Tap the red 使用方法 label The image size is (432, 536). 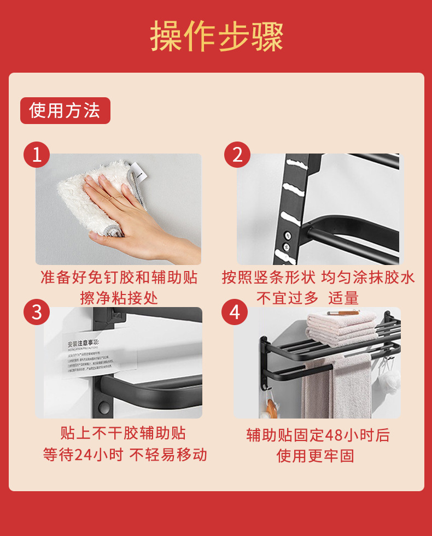click(65, 111)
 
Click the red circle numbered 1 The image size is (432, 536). click(37, 155)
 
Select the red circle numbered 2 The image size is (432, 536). click(237, 155)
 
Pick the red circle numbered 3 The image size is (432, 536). click(37, 313)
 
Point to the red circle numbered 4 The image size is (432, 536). click(235, 313)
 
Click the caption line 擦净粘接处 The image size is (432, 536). click(119, 298)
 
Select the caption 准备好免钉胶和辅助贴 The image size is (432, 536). click(119, 278)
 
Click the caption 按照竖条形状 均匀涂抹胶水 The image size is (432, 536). click(318, 278)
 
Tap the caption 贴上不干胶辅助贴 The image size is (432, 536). click(123, 433)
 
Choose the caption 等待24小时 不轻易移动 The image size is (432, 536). click(125, 455)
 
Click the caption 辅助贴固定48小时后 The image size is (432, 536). click(318, 435)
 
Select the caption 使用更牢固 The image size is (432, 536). click(315, 455)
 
